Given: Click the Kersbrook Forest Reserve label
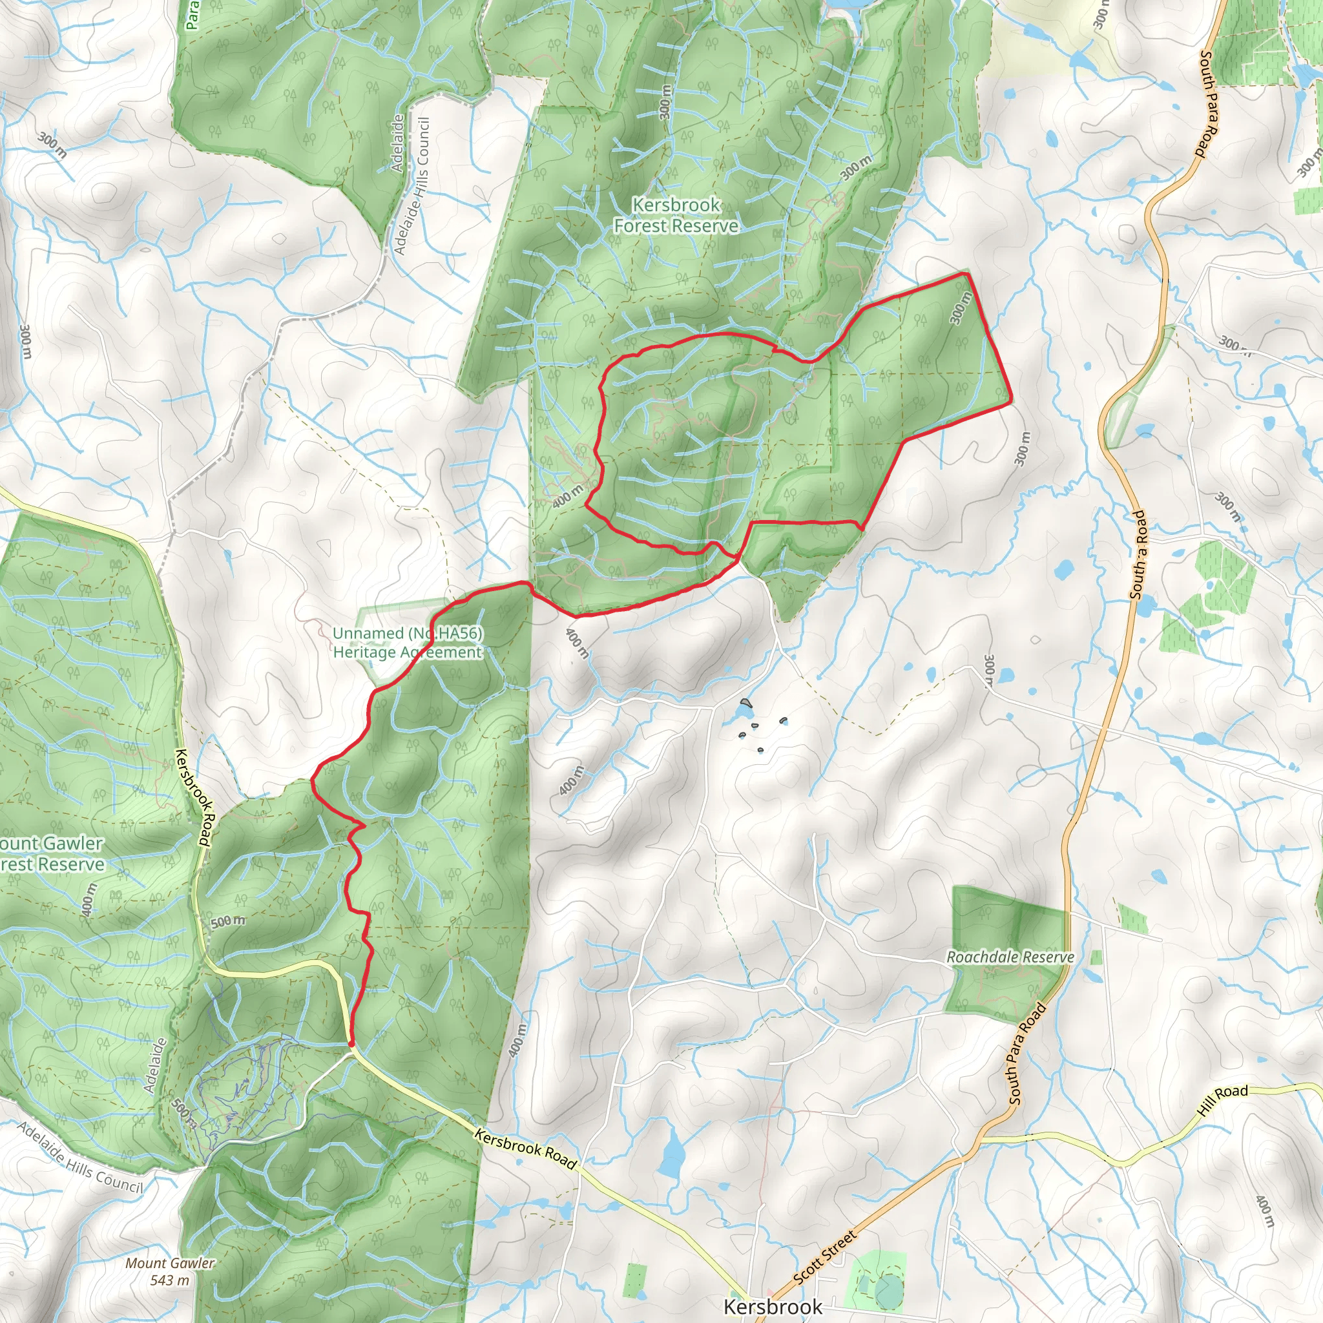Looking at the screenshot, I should (x=675, y=215).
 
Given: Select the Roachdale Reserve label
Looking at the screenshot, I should (x=1010, y=957).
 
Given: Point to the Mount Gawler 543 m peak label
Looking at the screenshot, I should (x=170, y=1271).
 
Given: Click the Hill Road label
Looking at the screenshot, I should (x=1223, y=1100).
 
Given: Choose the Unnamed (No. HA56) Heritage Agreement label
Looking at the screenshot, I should (x=408, y=642).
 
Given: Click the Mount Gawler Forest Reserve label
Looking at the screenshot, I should (x=52, y=853).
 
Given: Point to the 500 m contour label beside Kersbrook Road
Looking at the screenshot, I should (x=227, y=921).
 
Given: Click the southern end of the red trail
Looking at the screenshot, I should (x=351, y=1045).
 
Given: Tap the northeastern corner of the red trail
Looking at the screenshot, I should (x=966, y=274).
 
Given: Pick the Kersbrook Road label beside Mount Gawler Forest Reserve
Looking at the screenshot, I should (x=195, y=797).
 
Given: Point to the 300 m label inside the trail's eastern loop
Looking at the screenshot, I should (x=961, y=307).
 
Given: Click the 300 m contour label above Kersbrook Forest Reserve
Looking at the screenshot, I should (x=664, y=101).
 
